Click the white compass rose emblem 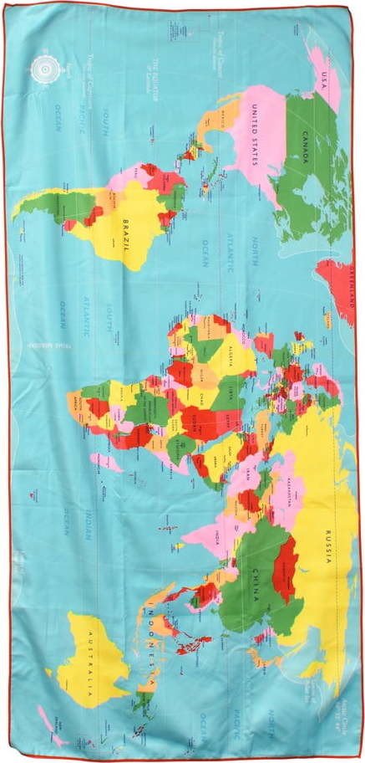coord(43,69)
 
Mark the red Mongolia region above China coord(284,569)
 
